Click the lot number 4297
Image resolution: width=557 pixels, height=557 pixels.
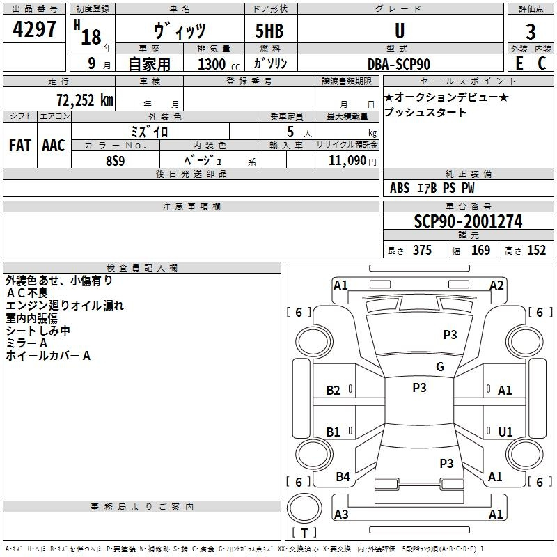tap(35, 31)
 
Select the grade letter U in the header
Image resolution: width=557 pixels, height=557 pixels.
tap(399, 31)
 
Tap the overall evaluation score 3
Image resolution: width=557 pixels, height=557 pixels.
tap(531, 32)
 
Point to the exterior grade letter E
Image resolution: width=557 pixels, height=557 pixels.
tap(519, 63)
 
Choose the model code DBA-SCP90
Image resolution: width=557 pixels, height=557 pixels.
tap(399, 64)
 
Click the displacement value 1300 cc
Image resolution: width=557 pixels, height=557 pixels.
tap(216, 64)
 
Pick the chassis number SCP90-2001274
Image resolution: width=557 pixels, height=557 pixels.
tap(468, 221)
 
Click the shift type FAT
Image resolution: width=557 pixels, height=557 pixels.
tap(19, 146)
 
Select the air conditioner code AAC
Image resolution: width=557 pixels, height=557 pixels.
tap(54, 146)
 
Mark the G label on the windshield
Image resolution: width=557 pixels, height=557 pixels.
tap(440, 367)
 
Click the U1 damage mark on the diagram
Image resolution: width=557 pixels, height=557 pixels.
tap(505, 432)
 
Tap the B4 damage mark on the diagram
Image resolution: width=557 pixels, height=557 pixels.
tap(343, 477)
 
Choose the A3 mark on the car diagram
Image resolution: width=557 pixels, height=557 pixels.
tap(341, 515)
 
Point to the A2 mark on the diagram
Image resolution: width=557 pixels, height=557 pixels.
tap(496, 285)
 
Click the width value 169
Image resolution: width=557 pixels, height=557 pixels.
tap(481, 251)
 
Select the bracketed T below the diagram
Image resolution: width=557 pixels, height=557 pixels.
tap(304, 533)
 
